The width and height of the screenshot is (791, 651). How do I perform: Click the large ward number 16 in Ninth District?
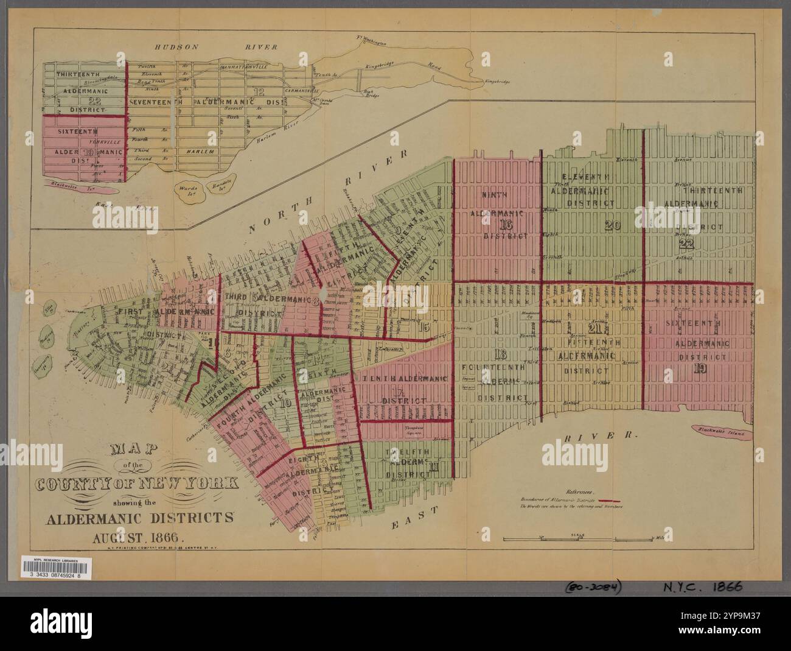[x=506, y=224]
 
